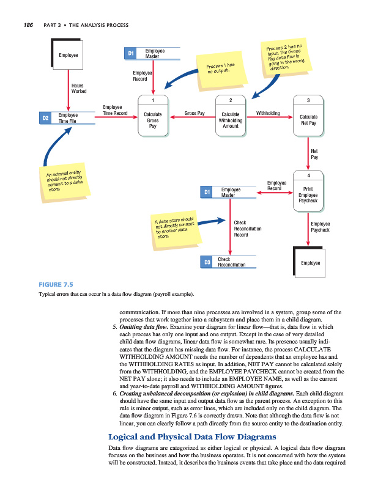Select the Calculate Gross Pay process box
(152, 119)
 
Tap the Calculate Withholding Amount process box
(230, 119)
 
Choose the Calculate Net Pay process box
(308, 119)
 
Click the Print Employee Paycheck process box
(308, 193)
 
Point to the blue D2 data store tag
(45, 117)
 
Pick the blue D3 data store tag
(207, 263)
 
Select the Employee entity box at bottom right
(311, 263)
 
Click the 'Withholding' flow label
(268, 113)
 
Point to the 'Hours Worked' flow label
(79, 88)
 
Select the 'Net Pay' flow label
(314, 154)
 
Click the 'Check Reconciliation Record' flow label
(248, 229)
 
